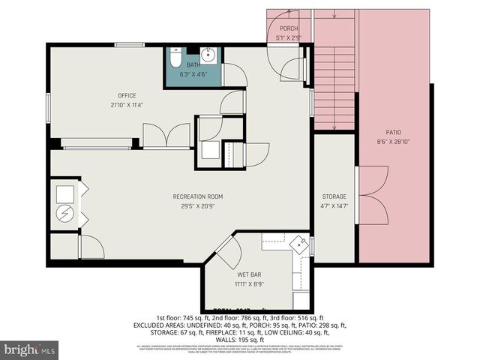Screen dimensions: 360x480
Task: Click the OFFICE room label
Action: pyautogui.click(x=126, y=95)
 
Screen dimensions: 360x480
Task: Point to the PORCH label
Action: pyautogui.click(x=289, y=28)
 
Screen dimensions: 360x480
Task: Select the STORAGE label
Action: pyautogui.click(x=334, y=196)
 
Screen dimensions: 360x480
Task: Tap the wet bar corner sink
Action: pyautogui.click(x=300, y=244)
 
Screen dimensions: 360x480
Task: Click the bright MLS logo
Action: pyautogui.click(x=29, y=349)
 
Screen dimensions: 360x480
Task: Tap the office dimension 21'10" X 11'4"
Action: pyautogui.click(x=126, y=104)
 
